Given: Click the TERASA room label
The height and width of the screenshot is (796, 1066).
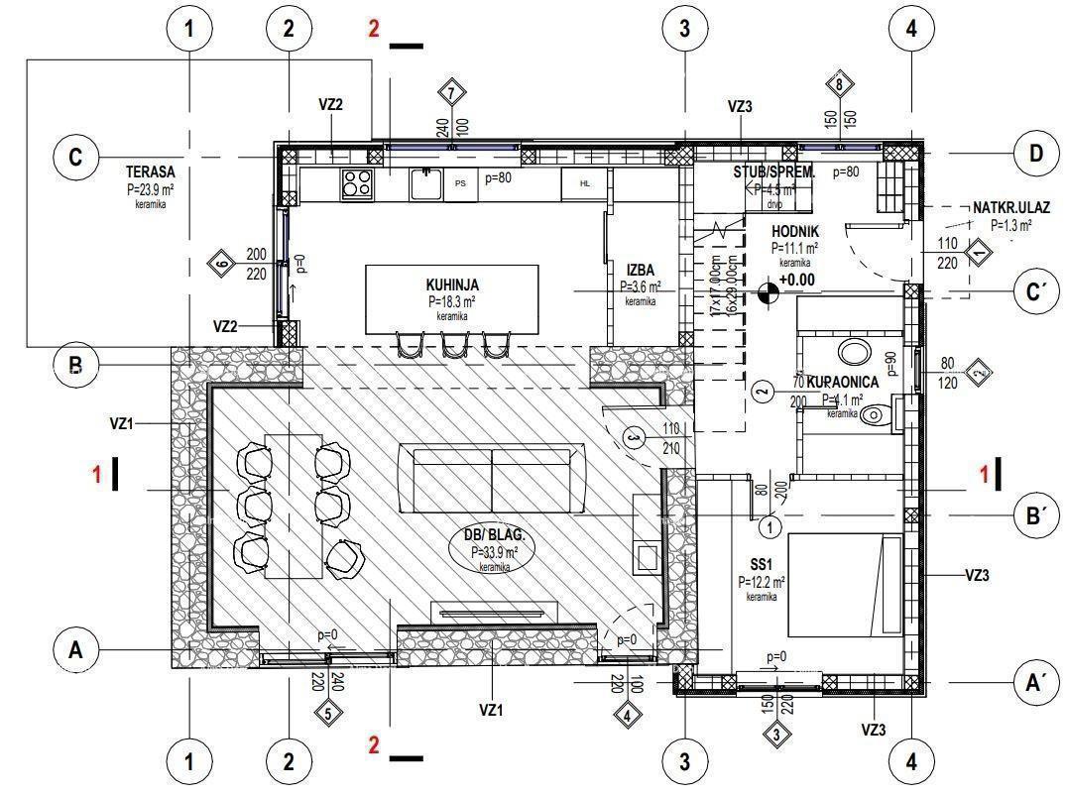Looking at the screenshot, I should [151, 171].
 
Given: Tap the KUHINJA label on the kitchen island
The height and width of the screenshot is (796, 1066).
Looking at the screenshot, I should [451, 284].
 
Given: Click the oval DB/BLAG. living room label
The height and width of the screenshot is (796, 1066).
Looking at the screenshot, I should [493, 545].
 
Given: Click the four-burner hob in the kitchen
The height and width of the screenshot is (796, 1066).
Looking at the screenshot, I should [357, 182].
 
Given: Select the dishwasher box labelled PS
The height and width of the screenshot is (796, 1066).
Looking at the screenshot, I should [460, 183].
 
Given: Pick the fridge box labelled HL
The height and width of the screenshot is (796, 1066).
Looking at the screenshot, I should [585, 183].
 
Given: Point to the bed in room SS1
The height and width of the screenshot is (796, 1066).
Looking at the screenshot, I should [845, 586].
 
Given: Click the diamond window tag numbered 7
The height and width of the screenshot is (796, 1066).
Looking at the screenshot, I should [452, 93].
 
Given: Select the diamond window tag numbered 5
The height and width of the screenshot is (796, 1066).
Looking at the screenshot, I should [328, 711].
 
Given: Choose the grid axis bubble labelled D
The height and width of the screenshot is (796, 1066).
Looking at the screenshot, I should [1036, 154].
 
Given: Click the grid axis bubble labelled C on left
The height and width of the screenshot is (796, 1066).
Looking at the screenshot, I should [75, 158].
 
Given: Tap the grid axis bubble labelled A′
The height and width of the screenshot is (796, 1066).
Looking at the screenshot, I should [1037, 682].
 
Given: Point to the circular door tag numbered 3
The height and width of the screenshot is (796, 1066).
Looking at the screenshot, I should [635, 436].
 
